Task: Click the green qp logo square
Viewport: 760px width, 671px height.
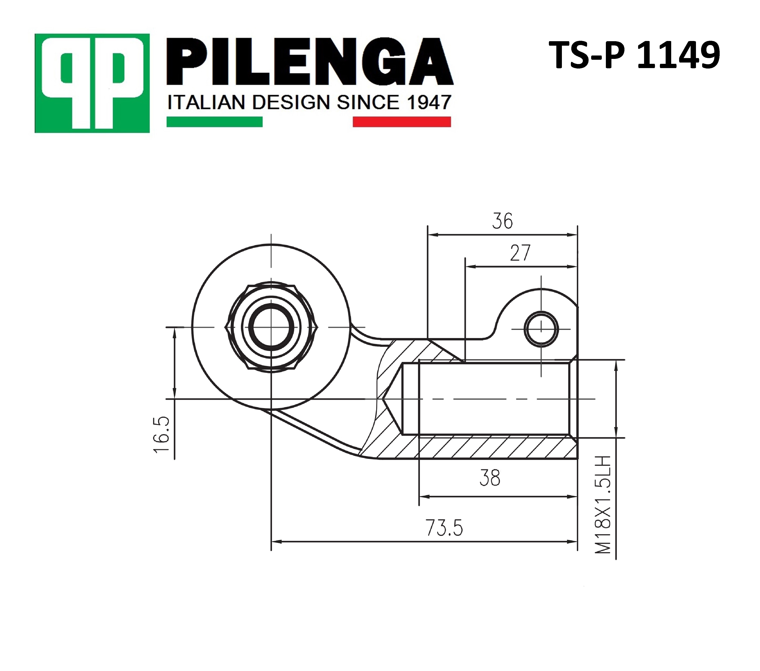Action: pos(92,83)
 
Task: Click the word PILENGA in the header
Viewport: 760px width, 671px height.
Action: pos(309,62)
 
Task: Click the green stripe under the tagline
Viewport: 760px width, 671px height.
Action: pos(215,122)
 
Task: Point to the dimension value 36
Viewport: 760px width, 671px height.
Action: pos(502,221)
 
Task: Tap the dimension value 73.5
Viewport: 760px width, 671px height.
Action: pos(444,528)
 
